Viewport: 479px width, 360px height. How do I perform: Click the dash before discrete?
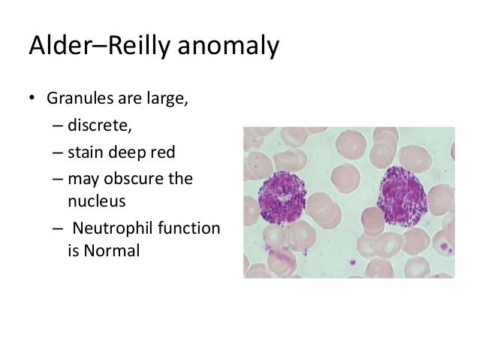pyautogui.click(x=57, y=126)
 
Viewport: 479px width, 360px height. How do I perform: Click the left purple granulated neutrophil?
pyautogui.click(x=283, y=198)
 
